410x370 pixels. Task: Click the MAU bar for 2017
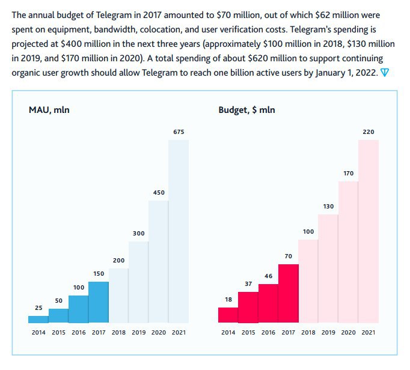point(99,302)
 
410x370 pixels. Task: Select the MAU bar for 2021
point(179,231)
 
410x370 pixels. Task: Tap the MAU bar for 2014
point(38,319)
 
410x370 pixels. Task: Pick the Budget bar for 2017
point(288,293)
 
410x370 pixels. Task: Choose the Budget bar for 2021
point(369,231)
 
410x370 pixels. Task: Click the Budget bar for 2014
point(228,315)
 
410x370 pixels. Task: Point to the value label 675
point(179,132)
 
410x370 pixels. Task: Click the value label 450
point(158,192)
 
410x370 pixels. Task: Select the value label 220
point(369,132)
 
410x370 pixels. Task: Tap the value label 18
point(228,299)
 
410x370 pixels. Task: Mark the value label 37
point(248,283)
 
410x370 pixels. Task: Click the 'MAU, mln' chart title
point(49,110)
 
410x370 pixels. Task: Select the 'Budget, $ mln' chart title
point(247,110)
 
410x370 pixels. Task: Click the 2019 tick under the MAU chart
point(138,332)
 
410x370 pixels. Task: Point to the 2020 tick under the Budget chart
point(349,332)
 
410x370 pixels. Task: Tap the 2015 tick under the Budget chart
point(248,332)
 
